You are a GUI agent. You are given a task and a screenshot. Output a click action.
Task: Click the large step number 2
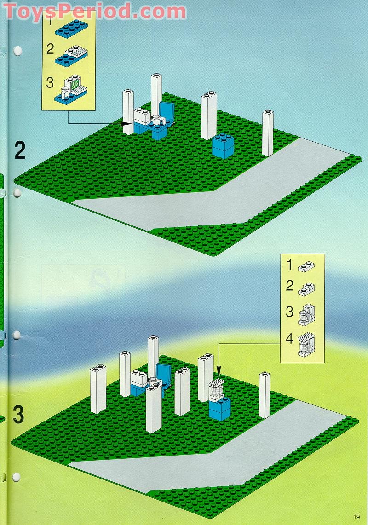pos(19,150)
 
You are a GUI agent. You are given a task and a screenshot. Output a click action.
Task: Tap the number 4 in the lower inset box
pos(289,339)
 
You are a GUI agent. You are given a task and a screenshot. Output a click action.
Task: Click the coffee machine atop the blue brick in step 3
pos(216,390)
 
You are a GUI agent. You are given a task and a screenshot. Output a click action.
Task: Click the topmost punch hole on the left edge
pos(17,51)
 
